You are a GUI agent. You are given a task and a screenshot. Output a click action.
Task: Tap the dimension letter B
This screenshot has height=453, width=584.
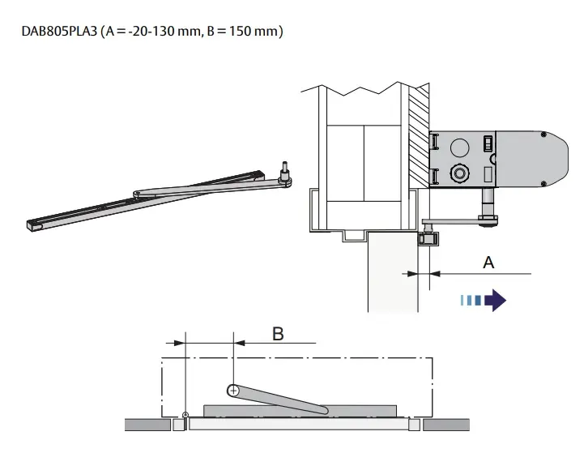click(277, 333)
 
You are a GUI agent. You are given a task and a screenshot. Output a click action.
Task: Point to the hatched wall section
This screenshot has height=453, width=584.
click(417, 137)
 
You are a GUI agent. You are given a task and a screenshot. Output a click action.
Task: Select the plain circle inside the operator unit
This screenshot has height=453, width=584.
click(458, 147)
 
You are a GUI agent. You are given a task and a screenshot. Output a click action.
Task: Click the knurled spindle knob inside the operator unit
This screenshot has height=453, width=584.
click(458, 173)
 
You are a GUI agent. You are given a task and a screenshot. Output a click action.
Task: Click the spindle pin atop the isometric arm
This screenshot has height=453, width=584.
click(284, 172)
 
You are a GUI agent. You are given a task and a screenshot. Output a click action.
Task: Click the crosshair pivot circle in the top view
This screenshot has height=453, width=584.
click(233, 391)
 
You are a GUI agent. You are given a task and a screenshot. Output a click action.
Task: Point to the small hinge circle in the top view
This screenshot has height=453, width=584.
click(185, 416)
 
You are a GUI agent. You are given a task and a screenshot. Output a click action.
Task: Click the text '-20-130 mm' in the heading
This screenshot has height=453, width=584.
click(159, 32)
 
